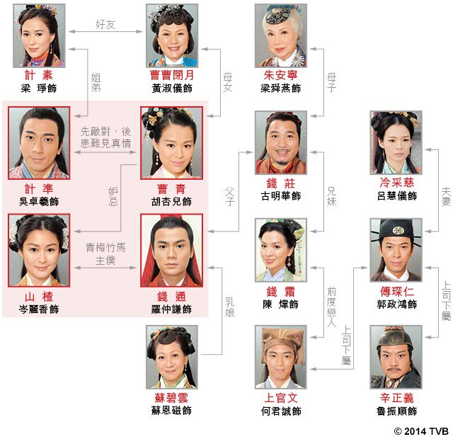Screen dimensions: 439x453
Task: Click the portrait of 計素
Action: [x=39, y=35]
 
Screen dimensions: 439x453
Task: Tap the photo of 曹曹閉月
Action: [x=171, y=35]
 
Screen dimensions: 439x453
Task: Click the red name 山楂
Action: [x=39, y=297]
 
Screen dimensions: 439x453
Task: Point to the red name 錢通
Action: [x=172, y=297]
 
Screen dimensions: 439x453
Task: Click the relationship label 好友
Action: [x=105, y=24]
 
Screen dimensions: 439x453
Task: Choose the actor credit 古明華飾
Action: [x=281, y=196]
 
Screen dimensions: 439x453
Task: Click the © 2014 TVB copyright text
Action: [x=420, y=430]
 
